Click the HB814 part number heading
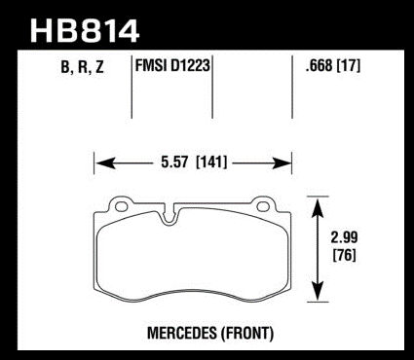(85, 31)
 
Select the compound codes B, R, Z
(82, 67)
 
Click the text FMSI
(150, 65)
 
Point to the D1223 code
(189, 65)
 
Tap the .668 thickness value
(319, 66)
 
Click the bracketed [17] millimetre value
(349, 66)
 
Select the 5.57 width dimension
(174, 162)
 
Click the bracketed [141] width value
(211, 162)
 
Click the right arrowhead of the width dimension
(282, 162)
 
